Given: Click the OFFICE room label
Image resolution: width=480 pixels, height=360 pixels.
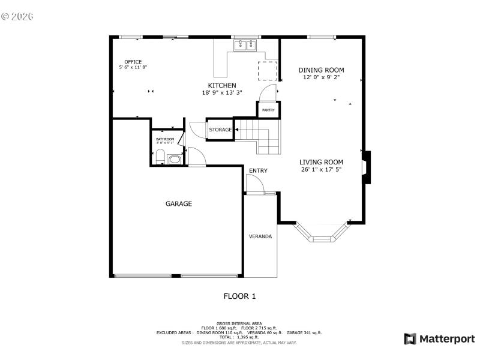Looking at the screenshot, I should (x=133, y=62).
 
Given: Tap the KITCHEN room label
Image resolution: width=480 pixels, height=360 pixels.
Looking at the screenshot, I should (x=222, y=85).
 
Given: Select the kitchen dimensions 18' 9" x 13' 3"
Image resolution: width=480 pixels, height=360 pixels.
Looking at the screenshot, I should (x=222, y=92).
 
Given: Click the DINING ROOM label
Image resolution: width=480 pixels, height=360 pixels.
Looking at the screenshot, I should (x=321, y=70).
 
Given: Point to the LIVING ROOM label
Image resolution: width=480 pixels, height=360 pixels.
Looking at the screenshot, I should (x=321, y=162).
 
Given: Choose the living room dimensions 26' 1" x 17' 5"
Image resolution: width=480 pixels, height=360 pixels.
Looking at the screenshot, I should (x=321, y=170).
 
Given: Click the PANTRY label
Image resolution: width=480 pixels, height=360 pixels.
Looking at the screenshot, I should (x=268, y=110).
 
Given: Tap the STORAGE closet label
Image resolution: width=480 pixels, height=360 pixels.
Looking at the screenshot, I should (x=220, y=130).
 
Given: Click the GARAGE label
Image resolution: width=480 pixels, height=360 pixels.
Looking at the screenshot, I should (x=179, y=204).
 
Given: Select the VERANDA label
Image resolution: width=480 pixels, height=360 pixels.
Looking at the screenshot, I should (x=260, y=236).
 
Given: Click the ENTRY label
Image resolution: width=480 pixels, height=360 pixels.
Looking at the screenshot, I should (x=258, y=171).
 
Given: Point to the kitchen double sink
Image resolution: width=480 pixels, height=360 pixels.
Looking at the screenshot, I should (x=245, y=44).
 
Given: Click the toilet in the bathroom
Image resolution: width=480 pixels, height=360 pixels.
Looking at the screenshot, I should (x=160, y=158).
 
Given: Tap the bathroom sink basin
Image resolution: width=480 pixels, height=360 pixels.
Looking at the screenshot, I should (x=174, y=160).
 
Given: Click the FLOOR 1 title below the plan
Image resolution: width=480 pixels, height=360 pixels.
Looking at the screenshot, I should (x=239, y=296).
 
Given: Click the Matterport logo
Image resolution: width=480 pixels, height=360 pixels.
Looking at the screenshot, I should (x=439, y=339).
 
